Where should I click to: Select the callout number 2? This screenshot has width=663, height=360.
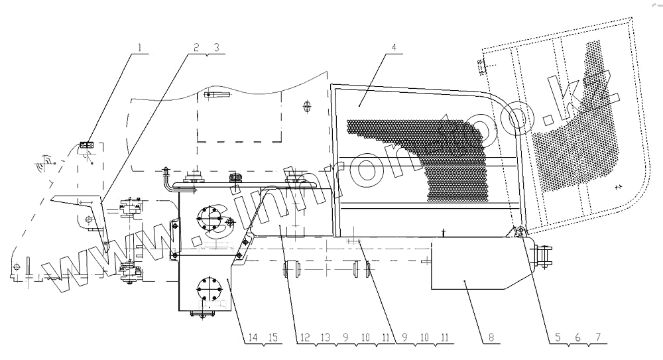(x=196, y=48)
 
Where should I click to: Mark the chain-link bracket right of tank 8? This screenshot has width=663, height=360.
(x=544, y=257)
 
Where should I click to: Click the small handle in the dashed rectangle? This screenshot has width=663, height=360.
(x=217, y=95)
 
